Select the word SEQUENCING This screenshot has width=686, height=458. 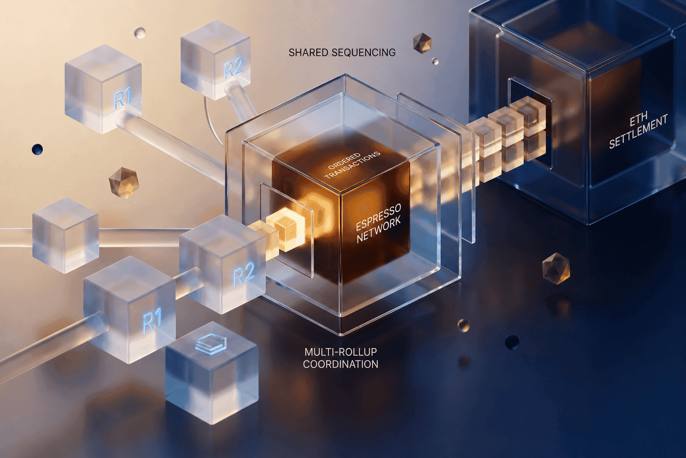[x=364, y=52]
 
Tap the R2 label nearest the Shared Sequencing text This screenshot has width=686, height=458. [x=234, y=70]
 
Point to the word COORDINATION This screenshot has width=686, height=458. [x=340, y=364]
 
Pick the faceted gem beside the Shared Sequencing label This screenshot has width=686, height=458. [x=422, y=42]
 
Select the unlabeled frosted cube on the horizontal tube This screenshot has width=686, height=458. [x=66, y=235]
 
